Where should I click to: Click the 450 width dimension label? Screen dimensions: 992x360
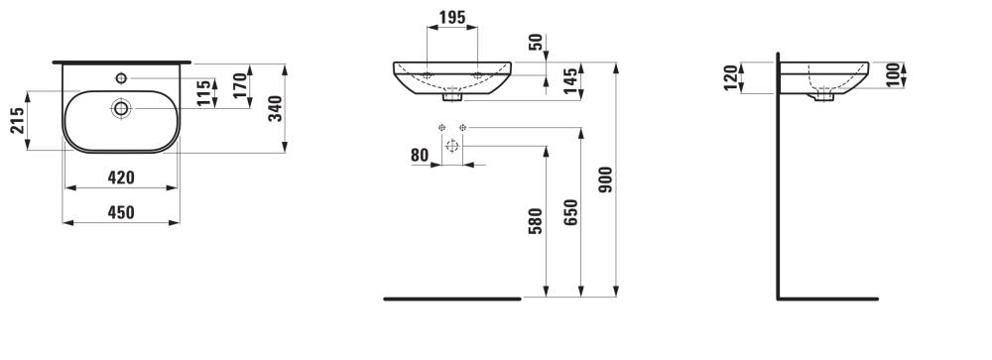(x=121, y=212)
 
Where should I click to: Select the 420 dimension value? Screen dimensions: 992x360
(x=121, y=178)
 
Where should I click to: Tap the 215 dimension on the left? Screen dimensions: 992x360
(x=17, y=120)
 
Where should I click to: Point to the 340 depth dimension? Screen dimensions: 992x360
(x=275, y=109)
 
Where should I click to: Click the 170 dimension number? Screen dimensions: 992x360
(x=239, y=85)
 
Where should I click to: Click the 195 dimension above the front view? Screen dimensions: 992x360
(x=452, y=18)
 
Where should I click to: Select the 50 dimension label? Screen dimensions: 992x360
(x=536, y=43)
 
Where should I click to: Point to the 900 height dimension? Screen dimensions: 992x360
(x=605, y=180)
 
